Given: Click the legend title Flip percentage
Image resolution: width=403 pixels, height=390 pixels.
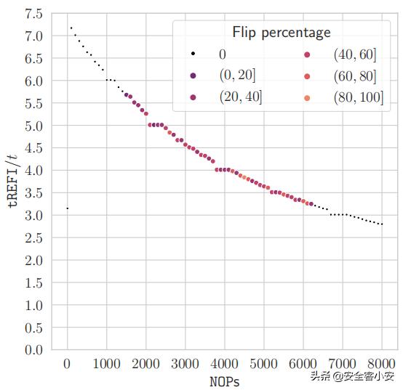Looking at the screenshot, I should click(x=281, y=32).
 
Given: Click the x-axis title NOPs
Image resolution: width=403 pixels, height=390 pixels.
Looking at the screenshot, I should click(x=225, y=381).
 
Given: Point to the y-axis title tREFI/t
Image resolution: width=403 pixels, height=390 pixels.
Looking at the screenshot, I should click(x=12, y=182).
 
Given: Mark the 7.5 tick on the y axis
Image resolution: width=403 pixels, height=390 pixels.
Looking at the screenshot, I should click(x=33, y=14).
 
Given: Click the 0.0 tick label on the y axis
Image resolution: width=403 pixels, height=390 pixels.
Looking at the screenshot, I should click(x=33, y=350).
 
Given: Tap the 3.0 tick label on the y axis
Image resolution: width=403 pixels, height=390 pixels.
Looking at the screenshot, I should click(x=33, y=216).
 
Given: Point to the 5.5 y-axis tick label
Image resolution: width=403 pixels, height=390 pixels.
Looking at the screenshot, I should click(x=33, y=104).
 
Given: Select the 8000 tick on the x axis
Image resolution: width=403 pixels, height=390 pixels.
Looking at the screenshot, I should click(x=382, y=364).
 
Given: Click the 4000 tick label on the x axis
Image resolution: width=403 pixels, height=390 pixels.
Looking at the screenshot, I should click(x=225, y=364).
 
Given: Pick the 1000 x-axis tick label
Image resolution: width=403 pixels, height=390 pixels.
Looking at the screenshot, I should click(x=106, y=364).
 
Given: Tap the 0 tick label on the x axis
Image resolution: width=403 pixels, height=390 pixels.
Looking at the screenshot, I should click(x=67, y=364).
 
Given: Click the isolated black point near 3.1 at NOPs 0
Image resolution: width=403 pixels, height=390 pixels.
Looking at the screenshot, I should click(x=67, y=208).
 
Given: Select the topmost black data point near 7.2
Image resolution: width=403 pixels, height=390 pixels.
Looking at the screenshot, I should click(x=71, y=28).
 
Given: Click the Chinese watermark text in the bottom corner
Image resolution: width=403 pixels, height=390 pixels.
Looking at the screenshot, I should click(x=352, y=376).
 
